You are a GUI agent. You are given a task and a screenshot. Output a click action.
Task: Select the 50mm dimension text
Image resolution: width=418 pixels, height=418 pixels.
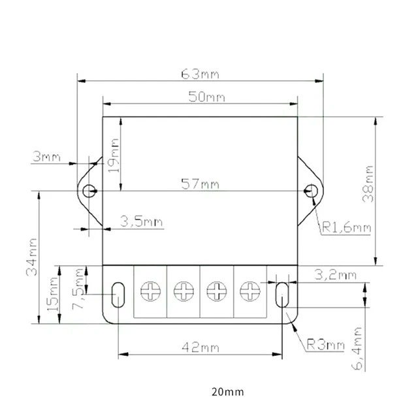206,97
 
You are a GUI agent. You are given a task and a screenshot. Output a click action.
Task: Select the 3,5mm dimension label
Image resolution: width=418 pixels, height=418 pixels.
142,222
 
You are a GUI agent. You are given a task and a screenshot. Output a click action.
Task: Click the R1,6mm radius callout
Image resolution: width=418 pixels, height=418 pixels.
346,228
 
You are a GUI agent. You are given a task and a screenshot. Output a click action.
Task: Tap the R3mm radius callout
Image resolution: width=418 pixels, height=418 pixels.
325,344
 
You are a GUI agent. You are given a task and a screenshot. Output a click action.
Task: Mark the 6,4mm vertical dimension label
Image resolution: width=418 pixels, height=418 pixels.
357,349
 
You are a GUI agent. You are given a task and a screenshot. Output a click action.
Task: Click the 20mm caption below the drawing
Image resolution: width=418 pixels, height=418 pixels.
227,393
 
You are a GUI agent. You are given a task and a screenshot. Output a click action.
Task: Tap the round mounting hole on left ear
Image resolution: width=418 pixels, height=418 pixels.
90,191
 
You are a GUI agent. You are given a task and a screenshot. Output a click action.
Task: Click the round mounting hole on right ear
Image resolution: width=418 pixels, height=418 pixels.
313,191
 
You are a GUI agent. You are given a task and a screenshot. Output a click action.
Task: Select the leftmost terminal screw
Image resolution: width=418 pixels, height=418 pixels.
150,290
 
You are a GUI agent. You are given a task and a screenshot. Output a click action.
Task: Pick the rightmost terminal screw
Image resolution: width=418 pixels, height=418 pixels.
249,290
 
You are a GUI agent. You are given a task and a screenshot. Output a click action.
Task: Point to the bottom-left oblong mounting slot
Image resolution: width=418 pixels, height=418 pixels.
118,295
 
